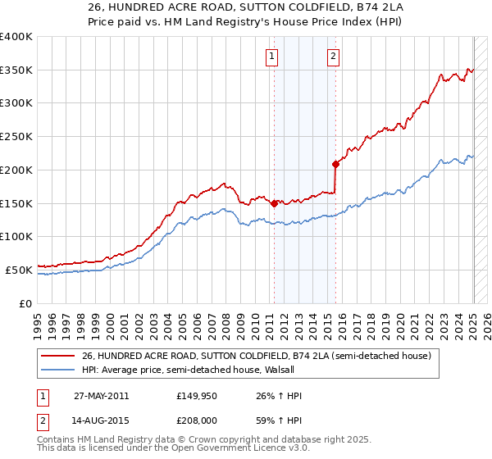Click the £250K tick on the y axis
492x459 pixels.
(16, 137)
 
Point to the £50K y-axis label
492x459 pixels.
(16, 270)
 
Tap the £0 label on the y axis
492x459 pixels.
(25, 303)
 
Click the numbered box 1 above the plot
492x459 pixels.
(271, 57)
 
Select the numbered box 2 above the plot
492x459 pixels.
(334, 57)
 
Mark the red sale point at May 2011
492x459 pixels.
(274, 203)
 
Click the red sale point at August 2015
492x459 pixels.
(335, 165)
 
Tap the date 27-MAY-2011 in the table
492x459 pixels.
(101, 396)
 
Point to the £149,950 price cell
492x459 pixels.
(198, 396)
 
